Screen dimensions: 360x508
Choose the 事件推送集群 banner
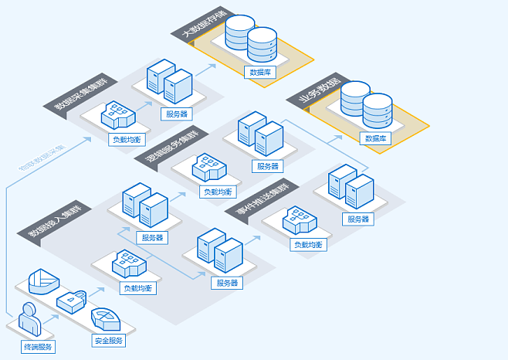(x=260, y=202)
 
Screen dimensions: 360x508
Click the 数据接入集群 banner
(x=56, y=219)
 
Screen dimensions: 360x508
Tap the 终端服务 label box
(x=38, y=347)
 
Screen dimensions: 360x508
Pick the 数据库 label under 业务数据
(x=375, y=139)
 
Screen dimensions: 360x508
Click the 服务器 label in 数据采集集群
(x=176, y=114)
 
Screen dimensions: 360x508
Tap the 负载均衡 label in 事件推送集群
(x=306, y=244)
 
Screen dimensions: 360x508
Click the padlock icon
(x=73, y=299)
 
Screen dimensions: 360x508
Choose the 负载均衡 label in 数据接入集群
(x=138, y=288)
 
